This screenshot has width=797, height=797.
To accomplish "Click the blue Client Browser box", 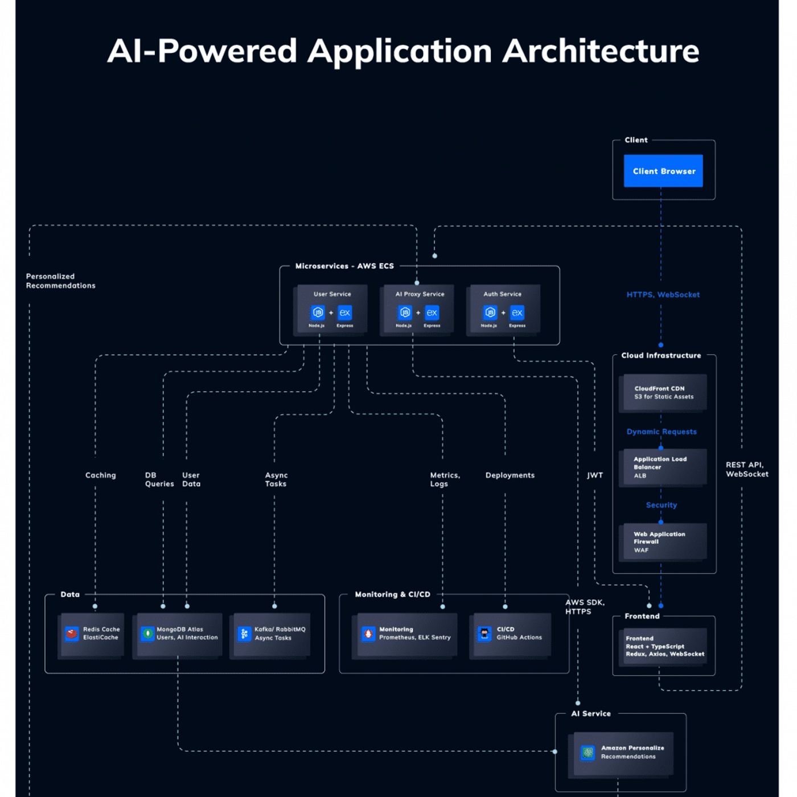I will coord(663,171).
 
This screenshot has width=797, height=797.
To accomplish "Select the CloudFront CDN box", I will coord(663,392).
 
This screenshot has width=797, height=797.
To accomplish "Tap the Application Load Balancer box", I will coord(663,467).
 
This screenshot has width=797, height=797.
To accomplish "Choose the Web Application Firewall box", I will coord(663,542).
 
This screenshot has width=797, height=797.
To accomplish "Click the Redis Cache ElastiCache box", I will coord(92,634).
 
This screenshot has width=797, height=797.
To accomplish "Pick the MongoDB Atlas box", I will coord(179,634).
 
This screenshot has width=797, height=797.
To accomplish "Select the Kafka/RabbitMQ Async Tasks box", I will coord(272,634).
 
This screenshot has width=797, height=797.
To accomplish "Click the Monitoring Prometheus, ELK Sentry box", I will coord(406,634).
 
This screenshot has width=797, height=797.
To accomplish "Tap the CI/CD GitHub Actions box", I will coord(511,634).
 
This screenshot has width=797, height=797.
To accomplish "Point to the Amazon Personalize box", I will coord(623,753).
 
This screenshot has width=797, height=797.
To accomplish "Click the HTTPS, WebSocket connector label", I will coord(663,295).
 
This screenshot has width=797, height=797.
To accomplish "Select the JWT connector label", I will coord(595,475).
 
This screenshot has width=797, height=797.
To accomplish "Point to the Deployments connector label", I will coord(510,475).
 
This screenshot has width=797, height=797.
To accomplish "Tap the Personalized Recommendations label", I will coord(60,281).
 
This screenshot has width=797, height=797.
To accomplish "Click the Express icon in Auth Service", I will coord(517,313).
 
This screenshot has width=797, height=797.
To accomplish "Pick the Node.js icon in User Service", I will coord(317,313).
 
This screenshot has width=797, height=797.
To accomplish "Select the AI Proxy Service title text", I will coord(420,294).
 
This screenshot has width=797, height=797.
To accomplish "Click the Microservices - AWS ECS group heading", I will coord(344,266).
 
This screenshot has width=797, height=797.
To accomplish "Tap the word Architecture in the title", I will coord(601,51).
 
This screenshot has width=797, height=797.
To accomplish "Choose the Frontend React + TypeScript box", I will coord(663,647).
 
